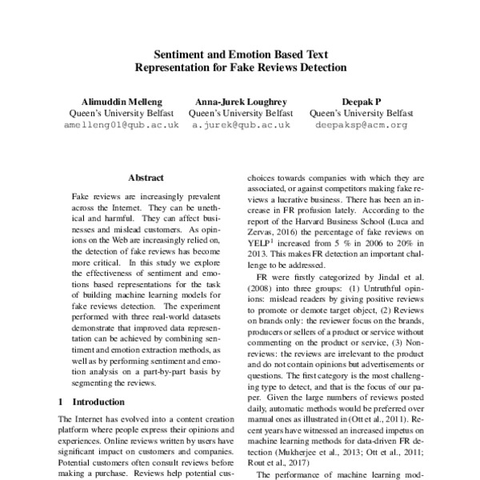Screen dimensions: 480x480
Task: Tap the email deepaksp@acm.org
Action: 361,125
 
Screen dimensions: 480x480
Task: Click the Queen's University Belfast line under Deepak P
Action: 361,114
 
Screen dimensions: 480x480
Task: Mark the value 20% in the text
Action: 402,245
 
